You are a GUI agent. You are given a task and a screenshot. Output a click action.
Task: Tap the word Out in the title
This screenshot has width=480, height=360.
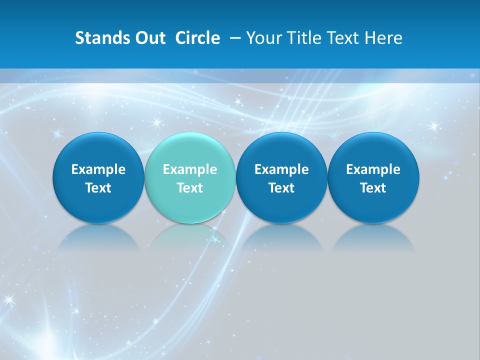pyautogui.click(x=149, y=38)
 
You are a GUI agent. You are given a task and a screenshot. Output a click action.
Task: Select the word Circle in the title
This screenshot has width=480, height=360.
pyautogui.click(x=197, y=38)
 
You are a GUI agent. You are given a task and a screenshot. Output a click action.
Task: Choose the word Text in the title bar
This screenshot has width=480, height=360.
pyautogui.click(x=342, y=38)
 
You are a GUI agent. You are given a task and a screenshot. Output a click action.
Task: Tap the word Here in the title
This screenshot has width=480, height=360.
pyautogui.click(x=383, y=38)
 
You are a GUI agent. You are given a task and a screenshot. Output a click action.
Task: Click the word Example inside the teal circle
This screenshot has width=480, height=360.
pyautogui.click(x=190, y=169)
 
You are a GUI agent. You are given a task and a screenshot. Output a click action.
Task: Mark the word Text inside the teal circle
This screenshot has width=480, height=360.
pyautogui.click(x=190, y=188)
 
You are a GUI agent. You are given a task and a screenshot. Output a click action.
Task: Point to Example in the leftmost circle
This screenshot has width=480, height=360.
pyautogui.click(x=98, y=169)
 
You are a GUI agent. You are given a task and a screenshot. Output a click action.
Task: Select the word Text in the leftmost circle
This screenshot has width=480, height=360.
pyautogui.click(x=98, y=188)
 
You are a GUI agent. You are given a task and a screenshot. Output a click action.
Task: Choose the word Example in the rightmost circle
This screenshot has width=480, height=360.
pyautogui.click(x=373, y=169)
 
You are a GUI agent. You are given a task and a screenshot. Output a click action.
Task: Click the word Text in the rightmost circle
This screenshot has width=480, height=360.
pyautogui.click(x=373, y=188)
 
